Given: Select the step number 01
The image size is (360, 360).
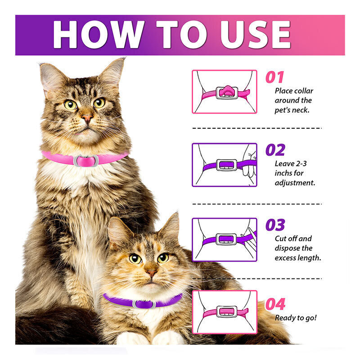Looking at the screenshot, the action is coord(274,77).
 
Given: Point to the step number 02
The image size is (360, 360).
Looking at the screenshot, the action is coord(275,150).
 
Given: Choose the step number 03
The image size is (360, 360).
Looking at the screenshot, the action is coord(275,225).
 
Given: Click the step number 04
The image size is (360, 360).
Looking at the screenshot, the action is coord(275,304).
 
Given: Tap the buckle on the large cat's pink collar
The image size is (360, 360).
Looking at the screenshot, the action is coord(86,161).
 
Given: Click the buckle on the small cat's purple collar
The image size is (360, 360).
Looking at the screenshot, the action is coord(144,304).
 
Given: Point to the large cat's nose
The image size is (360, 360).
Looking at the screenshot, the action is coord(87,118).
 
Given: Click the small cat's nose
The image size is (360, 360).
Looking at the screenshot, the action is coord(152,273).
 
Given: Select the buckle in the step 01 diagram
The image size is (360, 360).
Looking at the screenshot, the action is coord(227,92).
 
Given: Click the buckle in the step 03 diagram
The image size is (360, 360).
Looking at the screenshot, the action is coord(226,239).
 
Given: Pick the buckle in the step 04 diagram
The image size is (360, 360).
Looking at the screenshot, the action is coord(227,312).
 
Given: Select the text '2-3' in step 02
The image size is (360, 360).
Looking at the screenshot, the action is coord(301,163).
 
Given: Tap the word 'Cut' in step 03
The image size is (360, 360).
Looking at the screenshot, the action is coord(280,238).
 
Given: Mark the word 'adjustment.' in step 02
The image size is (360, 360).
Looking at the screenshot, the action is coord(295,183).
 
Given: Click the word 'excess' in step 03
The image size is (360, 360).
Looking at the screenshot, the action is coord(285,258).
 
